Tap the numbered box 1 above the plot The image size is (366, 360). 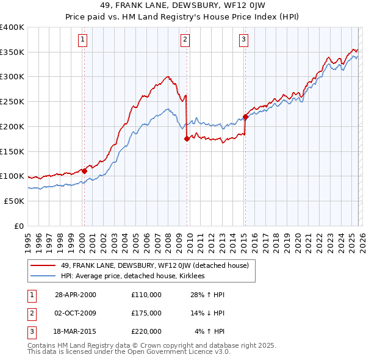(x=82, y=40)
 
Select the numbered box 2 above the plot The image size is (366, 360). (x=184, y=40)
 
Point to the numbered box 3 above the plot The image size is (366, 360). (x=243, y=40)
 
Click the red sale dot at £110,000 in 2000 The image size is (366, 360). (x=84, y=171)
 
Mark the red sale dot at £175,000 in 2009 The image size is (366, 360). (x=187, y=139)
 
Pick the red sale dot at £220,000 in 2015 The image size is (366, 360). (x=245, y=117)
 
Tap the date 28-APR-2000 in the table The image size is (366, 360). (x=76, y=295)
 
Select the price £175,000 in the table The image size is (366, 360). (x=146, y=313)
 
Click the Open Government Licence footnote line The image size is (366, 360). (x=129, y=352)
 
